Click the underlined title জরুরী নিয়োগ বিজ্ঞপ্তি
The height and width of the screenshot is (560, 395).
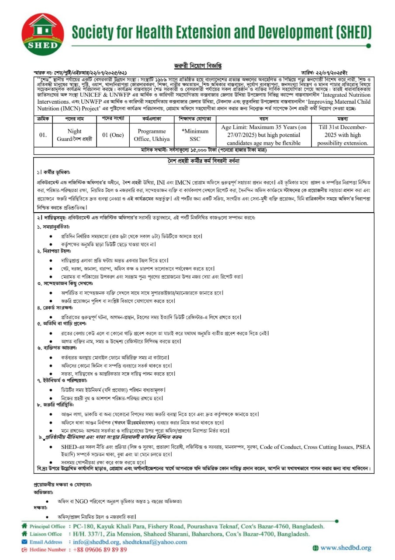pyautogui.click(x=197, y=65)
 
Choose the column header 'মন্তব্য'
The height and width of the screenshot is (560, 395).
pyautogui.click(x=343, y=119)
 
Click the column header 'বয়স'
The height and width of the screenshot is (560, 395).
pyautogui.click(x=263, y=119)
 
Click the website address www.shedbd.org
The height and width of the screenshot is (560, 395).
pyautogui.click(x=346, y=547)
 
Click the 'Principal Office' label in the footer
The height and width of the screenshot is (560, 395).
pyautogui.click(x=47, y=526)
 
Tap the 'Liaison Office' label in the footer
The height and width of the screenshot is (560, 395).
pyautogui.click(x=45, y=534)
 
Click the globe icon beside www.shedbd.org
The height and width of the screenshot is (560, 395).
pyautogui.click(x=315, y=547)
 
